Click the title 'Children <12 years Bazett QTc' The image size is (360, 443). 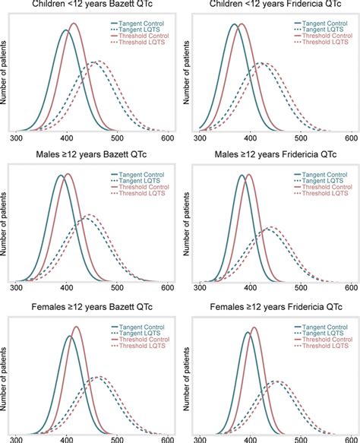pos(90,7)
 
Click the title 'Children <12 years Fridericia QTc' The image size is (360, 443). pos(272,7)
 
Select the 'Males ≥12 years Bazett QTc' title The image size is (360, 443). pos(90,156)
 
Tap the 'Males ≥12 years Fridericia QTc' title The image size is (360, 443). pos(272,156)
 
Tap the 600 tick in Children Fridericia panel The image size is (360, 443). pos(351,138)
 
